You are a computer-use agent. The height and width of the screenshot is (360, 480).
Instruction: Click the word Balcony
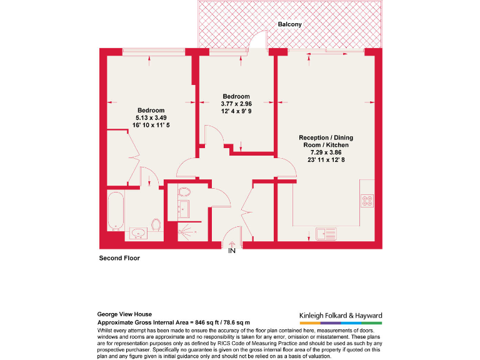click(x=290, y=24)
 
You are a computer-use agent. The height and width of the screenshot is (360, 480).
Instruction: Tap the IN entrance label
click(x=231, y=251)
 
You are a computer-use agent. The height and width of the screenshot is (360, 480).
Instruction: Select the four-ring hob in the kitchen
click(x=367, y=201)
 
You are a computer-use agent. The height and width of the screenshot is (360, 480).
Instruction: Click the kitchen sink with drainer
click(x=326, y=233)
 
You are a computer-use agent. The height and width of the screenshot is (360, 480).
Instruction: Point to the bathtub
click(x=116, y=211)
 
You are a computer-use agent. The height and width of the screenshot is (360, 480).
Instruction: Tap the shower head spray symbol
click(x=186, y=230)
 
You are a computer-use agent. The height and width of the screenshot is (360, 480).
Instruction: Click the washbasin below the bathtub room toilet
click(x=138, y=234)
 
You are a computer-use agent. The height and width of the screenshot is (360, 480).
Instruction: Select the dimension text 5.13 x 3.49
click(x=151, y=117)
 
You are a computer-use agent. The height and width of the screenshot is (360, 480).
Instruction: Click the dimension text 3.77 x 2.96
click(x=236, y=103)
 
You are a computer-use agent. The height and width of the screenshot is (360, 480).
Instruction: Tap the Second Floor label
click(x=119, y=257)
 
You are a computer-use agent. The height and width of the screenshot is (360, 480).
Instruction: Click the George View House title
click(x=124, y=314)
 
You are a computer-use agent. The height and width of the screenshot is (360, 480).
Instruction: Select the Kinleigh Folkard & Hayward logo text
click(x=337, y=316)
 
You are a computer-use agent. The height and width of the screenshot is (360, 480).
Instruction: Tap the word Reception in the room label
click(x=314, y=137)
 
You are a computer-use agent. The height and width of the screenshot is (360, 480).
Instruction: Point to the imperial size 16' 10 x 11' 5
click(x=151, y=125)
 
